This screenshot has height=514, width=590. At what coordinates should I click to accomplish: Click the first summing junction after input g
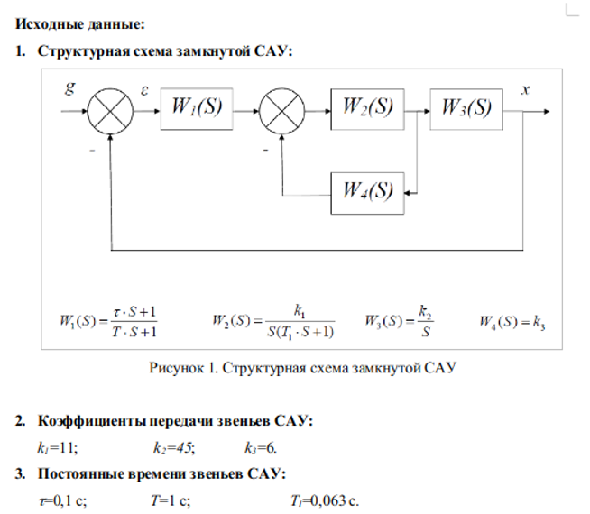111,113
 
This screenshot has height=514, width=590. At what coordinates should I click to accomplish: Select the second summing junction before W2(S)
282,113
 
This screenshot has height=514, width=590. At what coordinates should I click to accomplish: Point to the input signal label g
70,89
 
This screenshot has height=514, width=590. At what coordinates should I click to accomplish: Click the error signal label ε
145,90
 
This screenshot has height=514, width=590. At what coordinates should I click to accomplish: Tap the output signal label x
526,90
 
